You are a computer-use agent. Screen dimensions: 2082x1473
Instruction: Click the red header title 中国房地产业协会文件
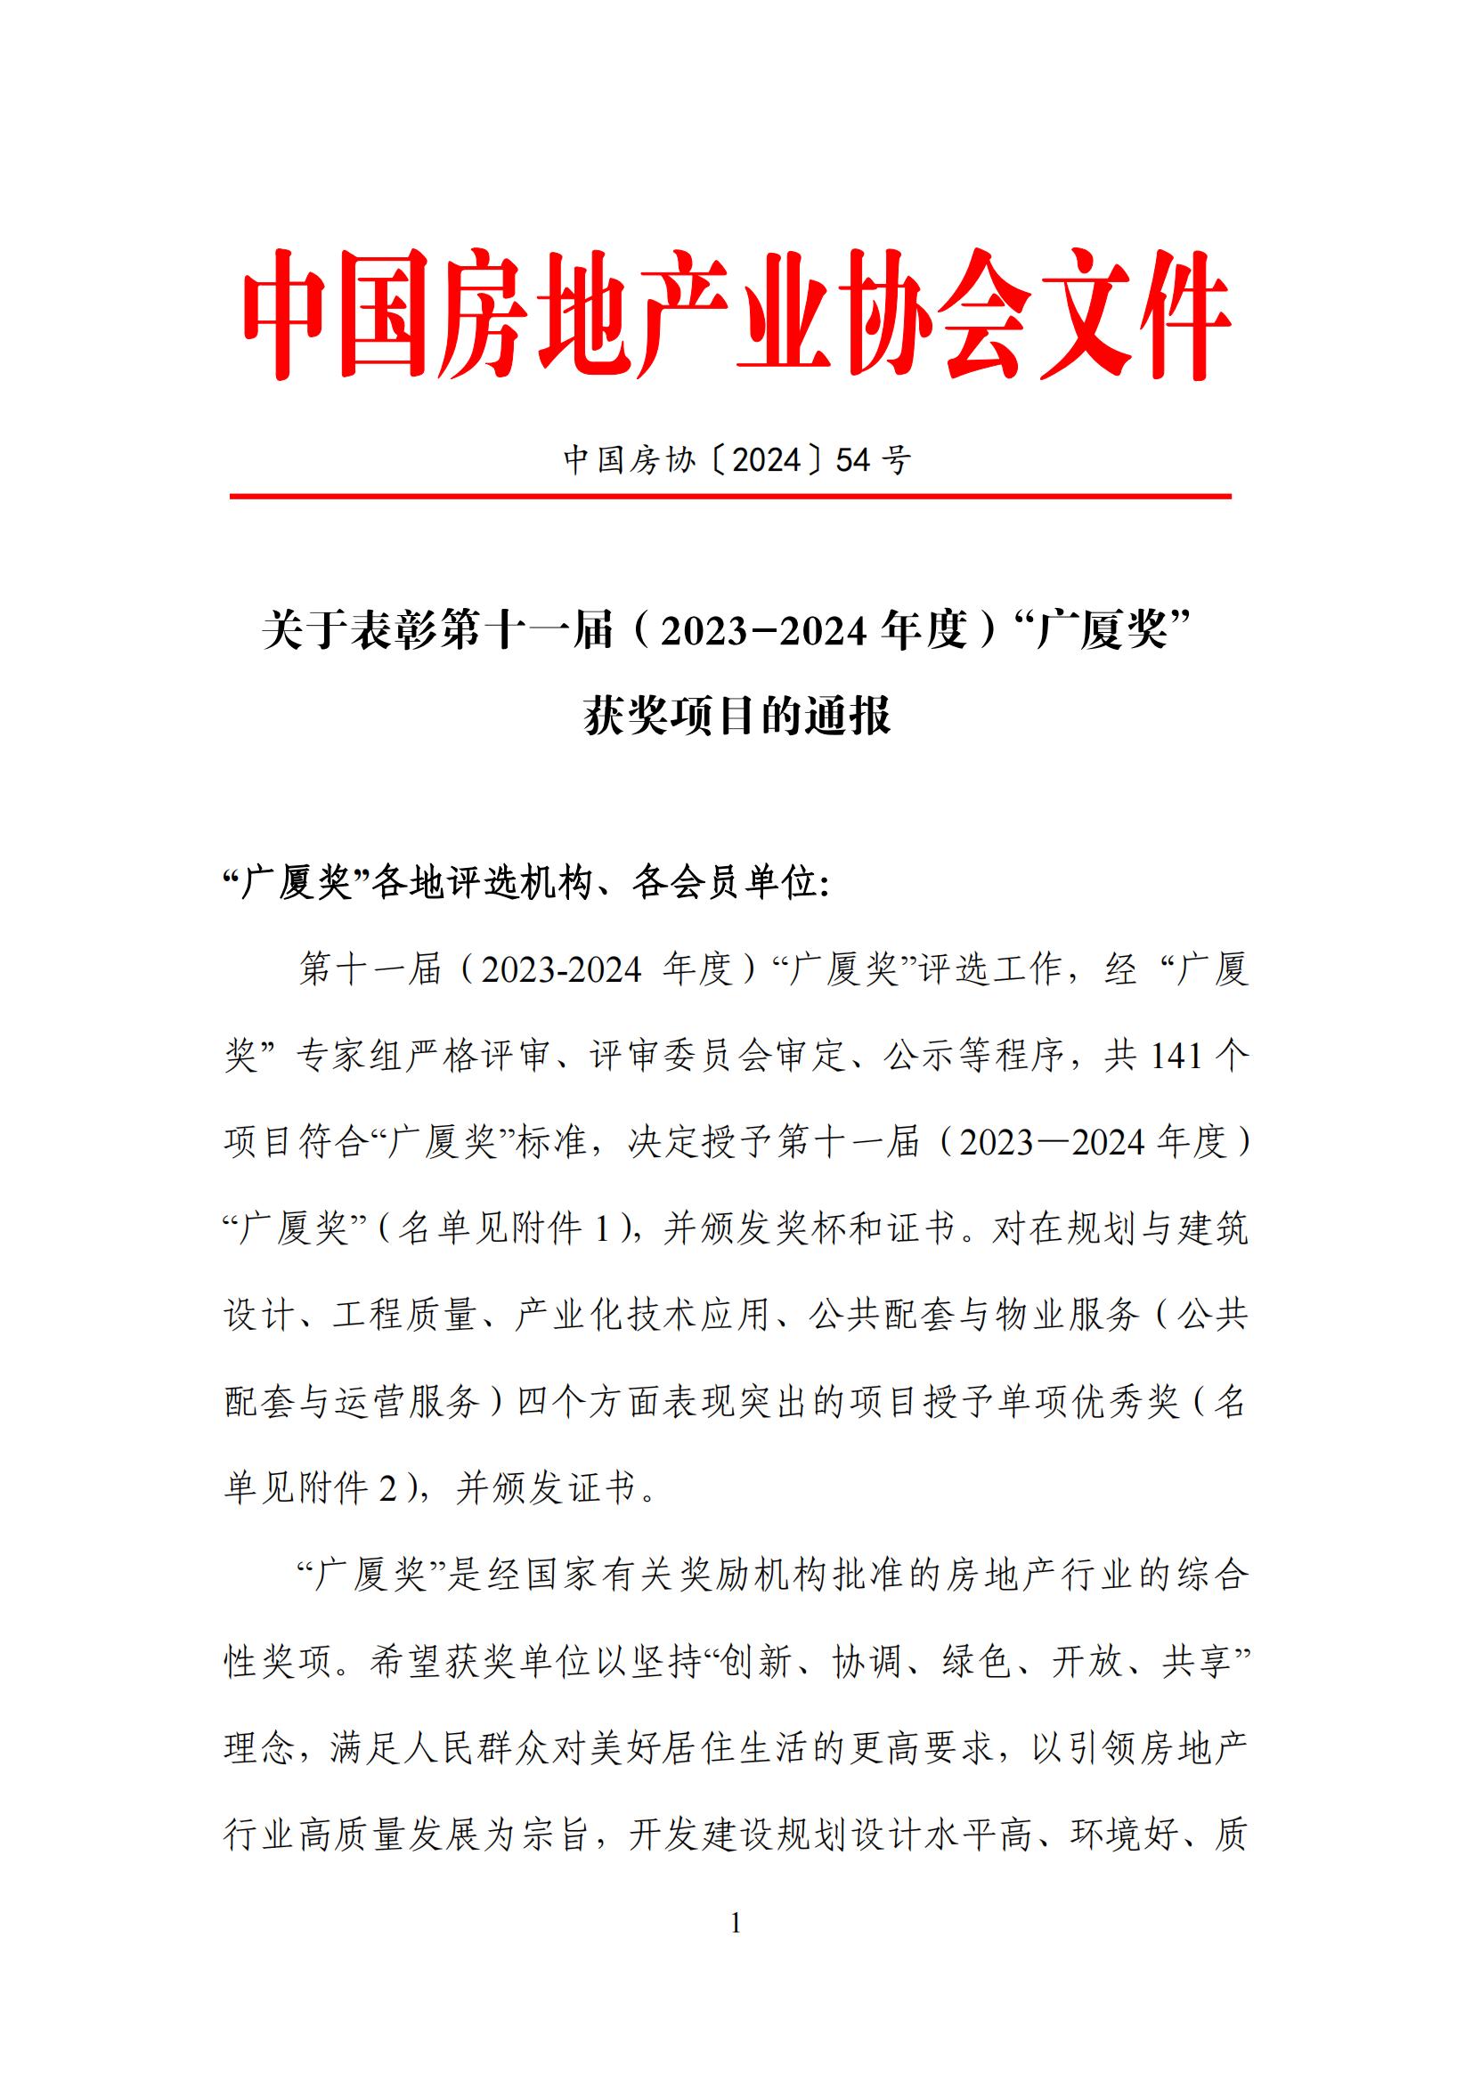coord(736,314)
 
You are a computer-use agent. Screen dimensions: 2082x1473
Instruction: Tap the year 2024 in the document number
coord(765,461)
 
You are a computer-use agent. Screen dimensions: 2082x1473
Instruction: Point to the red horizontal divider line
coord(730,497)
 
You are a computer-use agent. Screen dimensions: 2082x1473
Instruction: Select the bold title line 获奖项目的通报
coord(736,717)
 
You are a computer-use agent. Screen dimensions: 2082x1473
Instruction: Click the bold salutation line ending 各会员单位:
coord(526,882)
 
